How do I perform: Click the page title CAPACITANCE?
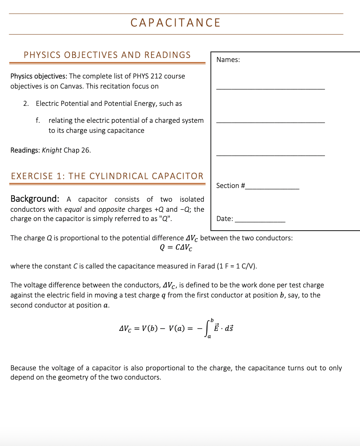tap(176, 23)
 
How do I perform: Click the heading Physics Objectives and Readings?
tap(107, 55)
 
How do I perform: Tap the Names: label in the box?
tap(228, 60)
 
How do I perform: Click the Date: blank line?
tap(260, 221)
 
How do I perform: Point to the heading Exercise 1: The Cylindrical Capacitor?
tap(107, 176)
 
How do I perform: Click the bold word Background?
tap(35, 199)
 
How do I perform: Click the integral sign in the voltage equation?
tap(207, 328)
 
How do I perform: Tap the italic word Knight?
tap(52, 150)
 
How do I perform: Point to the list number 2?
tap(26, 103)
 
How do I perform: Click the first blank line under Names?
tap(270, 88)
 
